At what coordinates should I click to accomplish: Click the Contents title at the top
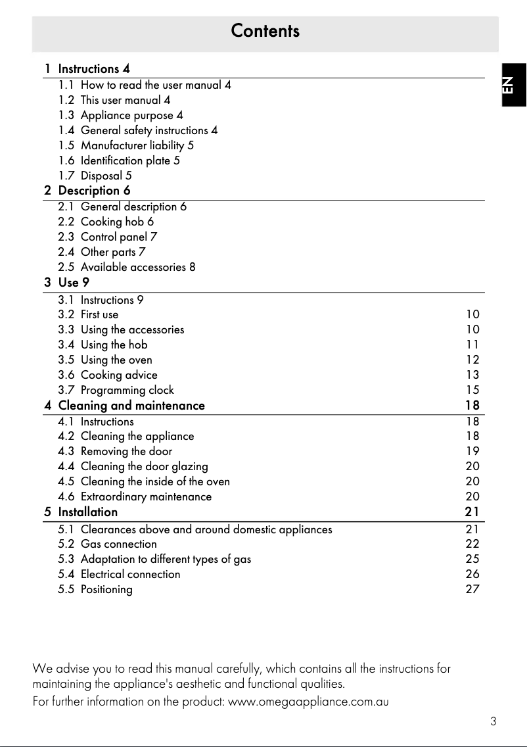point(265,31)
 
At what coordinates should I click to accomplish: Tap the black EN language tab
point(511,85)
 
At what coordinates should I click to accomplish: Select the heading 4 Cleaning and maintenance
point(131,406)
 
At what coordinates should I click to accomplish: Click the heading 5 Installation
point(87,512)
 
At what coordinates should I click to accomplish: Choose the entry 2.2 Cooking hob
point(117,222)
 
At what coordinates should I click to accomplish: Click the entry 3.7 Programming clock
point(127,390)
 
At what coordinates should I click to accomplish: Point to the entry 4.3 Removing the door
point(126,451)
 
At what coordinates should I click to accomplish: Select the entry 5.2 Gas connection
point(118,544)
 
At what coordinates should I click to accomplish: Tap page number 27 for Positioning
point(472,589)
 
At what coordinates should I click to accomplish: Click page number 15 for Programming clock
point(472,390)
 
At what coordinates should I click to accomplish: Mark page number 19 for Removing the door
point(472,451)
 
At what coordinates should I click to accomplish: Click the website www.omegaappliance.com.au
point(308,702)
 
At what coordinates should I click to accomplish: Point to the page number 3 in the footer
point(493,721)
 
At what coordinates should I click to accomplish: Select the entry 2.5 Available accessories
point(137,267)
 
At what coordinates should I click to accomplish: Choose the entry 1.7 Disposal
point(106,176)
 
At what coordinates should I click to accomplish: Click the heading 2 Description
point(94,191)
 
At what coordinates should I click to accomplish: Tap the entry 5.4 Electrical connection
point(130,574)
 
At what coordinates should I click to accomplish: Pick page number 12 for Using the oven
point(472,360)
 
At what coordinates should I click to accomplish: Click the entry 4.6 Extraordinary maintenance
point(146,496)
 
